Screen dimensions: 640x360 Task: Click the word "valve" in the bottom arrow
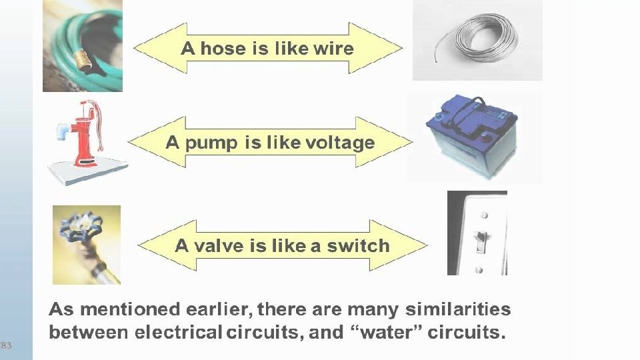(x=219, y=245)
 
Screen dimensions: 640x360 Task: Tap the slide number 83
(x=6, y=345)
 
